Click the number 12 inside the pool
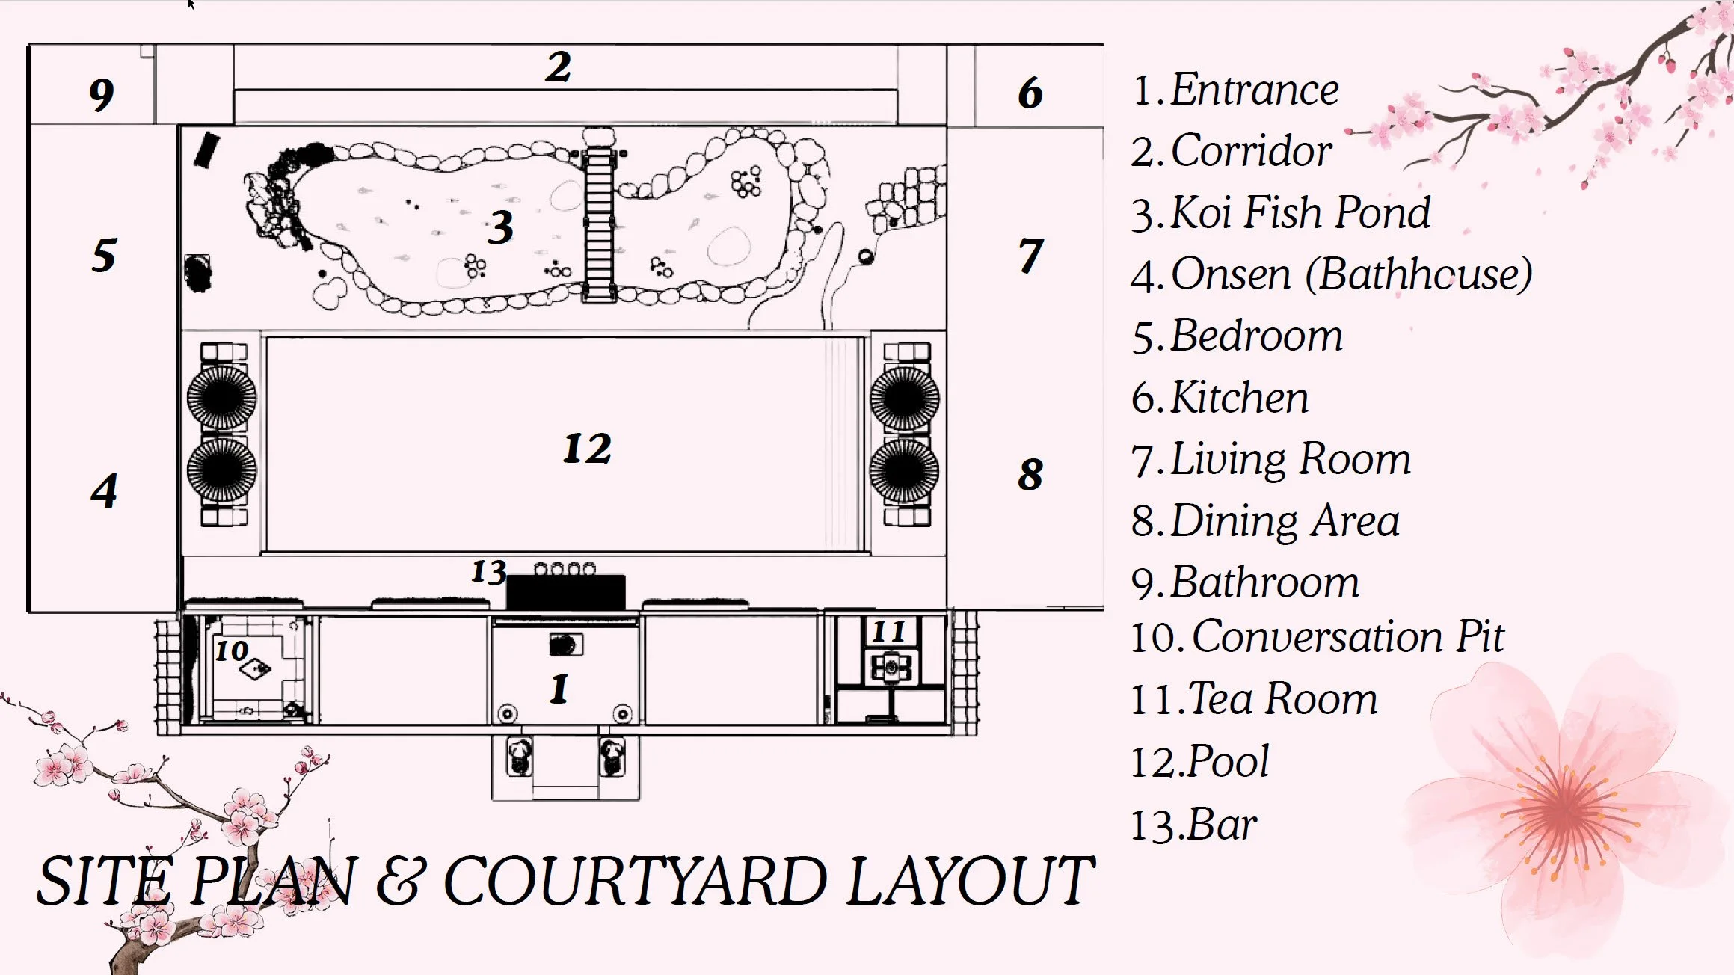pyautogui.click(x=587, y=449)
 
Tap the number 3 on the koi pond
pyautogui.click(x=501, y=227)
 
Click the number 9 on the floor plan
pyautogui.click(x=102, y=95)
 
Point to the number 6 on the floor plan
pyautogui.click(x=1030, y=93)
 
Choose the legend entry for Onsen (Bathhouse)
pyautogui.click(x=1331, y=274)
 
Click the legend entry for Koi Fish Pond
pyautogui.click(x=1281, y=212)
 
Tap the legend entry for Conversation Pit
pyautogui.click(x=1317, y=637)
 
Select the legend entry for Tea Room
pyautogui.click(x=1253, y=699)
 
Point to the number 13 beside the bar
pyautogui.click(x=488, y=572)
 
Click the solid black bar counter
pyautogui.click(x=566, y=593)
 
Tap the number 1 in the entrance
pyautogui.click(x=559, y=689)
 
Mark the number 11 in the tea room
pyautogui.click(x=888, y=632)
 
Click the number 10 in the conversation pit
pyautogui.click(x=232, y=650)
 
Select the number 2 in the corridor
pyautogui.click(x=559, y=67)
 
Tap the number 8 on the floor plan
pyautogui.click(x=1030, y=474)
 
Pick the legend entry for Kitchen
pyautogui.click(x=1220, y=397)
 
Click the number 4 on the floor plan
pyautogui.click(x=104, y=491)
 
